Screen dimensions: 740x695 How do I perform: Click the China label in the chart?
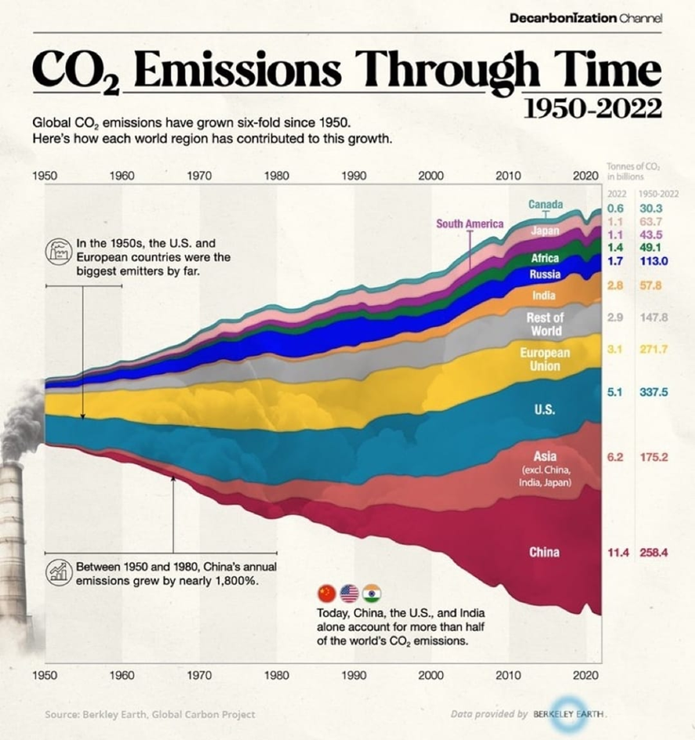[544, 553]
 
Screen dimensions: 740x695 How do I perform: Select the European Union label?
[545, 360]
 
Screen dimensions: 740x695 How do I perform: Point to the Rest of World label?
[545, 324]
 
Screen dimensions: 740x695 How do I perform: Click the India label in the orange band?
[544, 296]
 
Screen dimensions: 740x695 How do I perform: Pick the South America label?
[470, 224]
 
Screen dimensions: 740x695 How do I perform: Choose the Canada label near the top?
[545, 205]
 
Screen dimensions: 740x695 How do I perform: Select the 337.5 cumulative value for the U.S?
[653, 392]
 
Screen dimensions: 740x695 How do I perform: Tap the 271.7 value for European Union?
[653, 348]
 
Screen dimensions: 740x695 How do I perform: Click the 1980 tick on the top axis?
[277, 176]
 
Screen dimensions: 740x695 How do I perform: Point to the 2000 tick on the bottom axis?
[431, 674]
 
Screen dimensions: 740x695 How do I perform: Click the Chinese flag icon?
[326, 593]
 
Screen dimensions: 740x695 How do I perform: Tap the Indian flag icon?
[372, 593]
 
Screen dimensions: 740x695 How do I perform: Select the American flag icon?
[349, 593]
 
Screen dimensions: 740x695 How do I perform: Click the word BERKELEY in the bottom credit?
[559, 714]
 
